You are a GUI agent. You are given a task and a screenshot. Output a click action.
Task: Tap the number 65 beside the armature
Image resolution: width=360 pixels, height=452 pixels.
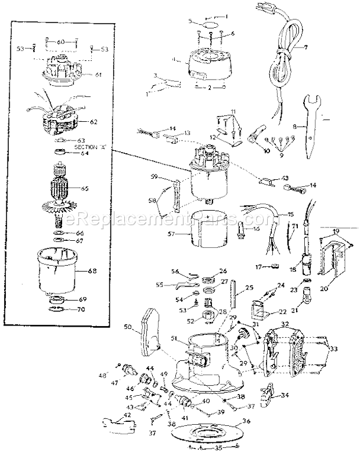tap(85, 189)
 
